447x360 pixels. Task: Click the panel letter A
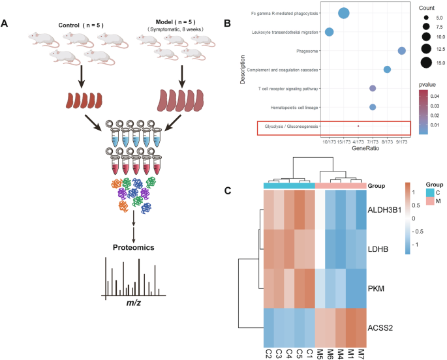(6, 24)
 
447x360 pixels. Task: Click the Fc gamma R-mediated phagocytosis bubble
(344, 13)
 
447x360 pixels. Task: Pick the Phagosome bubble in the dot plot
(402, 51)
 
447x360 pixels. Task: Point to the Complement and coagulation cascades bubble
(387, 70)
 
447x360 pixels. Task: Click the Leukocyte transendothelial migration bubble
(330, 32)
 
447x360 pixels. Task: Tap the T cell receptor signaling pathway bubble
(373, 88)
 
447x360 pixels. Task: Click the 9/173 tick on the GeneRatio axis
(402, 142)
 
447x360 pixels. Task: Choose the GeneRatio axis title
(365, 149)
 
